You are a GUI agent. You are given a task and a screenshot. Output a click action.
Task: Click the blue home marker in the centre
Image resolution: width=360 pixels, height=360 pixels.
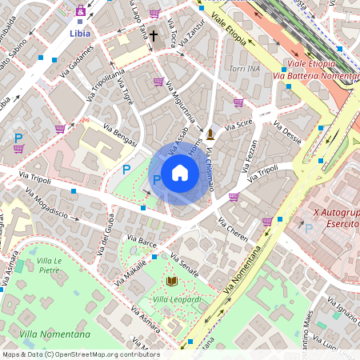pyautogui.click(x=180, y=172)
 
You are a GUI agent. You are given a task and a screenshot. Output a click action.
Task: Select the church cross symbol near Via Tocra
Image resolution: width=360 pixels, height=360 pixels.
pyautogui.click(x=153, y=36)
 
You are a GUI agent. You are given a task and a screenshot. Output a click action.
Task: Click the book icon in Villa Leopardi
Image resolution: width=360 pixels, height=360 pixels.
pyautogui.click(x=171, y=281)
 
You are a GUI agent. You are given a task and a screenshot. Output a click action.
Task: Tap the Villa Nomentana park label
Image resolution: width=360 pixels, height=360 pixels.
pyautogui.click(x=55, y=334)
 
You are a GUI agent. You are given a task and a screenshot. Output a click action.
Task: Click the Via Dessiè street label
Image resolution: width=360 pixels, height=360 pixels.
pyautogui.click(x=287, y=133)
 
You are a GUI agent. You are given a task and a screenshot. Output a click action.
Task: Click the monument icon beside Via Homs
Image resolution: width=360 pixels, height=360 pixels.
pyautogui.click(x=210, y=134)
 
